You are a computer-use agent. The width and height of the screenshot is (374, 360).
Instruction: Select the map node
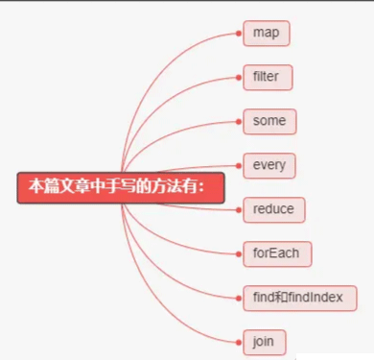[x=266, y=34]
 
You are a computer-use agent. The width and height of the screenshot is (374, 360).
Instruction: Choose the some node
[x=269, y=122]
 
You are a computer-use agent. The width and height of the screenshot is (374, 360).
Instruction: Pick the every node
[x=269, y=165]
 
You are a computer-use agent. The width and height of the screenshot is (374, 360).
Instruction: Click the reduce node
[x=273, y=209]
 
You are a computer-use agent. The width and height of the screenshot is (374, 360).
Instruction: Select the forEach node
[x=276, y=253]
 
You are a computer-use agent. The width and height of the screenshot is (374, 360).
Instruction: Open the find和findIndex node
[x=298, y=298]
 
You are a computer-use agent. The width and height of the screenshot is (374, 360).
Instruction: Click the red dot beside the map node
[x=239, y=34]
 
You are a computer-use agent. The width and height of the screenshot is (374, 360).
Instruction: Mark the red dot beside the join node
[x=239, y=341]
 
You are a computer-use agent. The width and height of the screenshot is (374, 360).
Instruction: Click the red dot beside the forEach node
[x=239, y=253]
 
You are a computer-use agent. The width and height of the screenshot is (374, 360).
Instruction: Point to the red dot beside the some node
[x=239, y=122]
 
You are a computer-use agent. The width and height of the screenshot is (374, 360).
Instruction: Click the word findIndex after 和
[x=316, y=298]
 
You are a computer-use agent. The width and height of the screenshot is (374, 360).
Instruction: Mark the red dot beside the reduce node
[x=239, y=209]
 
